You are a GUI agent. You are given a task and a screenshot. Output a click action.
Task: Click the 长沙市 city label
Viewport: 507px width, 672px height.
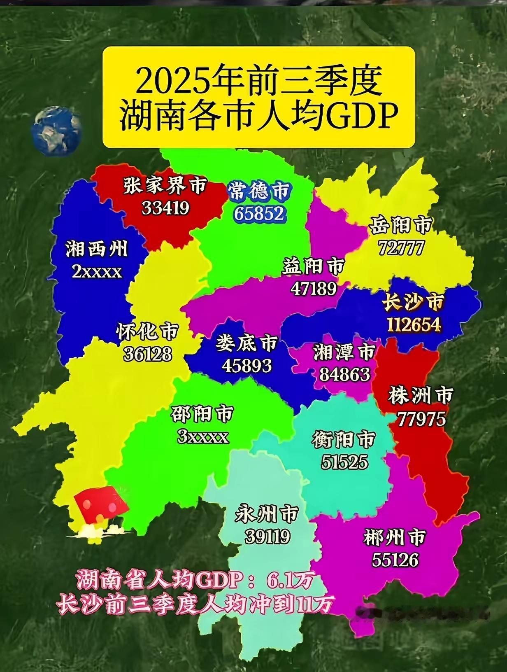(x=413, y=303)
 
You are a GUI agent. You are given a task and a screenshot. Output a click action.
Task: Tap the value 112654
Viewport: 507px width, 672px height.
(x=413, y=325)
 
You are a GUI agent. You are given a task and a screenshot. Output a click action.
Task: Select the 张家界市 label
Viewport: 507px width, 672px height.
(x=165, y=186)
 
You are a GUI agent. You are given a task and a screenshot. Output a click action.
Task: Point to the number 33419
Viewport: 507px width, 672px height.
(x=165, y=208)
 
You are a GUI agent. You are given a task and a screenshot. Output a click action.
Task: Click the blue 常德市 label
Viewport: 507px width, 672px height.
(x=259, y=191)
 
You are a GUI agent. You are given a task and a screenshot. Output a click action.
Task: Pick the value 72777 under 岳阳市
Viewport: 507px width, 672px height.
(x=400, y=248)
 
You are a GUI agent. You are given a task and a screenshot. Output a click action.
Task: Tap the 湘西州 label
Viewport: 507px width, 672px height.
(x=97, y=249)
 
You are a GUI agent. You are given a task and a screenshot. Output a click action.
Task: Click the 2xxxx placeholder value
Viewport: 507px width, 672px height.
(x=97, y=271)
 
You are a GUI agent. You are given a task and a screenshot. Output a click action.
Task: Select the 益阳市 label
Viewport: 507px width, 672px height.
(x=313, y=266)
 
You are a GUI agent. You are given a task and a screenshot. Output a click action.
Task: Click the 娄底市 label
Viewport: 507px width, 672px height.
(x=247, y=343)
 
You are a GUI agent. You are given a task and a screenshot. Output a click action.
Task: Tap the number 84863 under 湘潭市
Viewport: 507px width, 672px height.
(x=344, y=374)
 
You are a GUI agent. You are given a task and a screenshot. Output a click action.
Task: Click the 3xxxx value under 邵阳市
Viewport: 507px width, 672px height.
(x=202, y=436)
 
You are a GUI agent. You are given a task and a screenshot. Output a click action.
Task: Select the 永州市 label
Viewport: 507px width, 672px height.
(x=267, y=514)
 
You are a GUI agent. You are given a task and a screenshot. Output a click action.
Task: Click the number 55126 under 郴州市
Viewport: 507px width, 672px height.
(x=395, y=559)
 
